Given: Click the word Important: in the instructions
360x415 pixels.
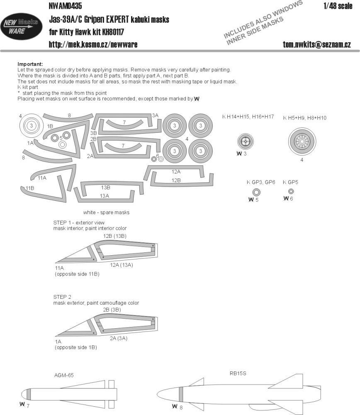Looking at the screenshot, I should tap(30, 64).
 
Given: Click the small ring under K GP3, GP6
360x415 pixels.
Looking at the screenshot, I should tap(257, 192).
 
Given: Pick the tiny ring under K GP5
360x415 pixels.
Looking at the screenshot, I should tap(291, 191).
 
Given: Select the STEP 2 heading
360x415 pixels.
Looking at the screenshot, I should tap(63, 297).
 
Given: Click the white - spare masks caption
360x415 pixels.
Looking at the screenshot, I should tap(106, 212).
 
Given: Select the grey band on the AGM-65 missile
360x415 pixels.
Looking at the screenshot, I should tap(29, 394).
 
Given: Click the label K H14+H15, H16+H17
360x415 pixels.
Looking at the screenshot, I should tap(248, 118).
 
